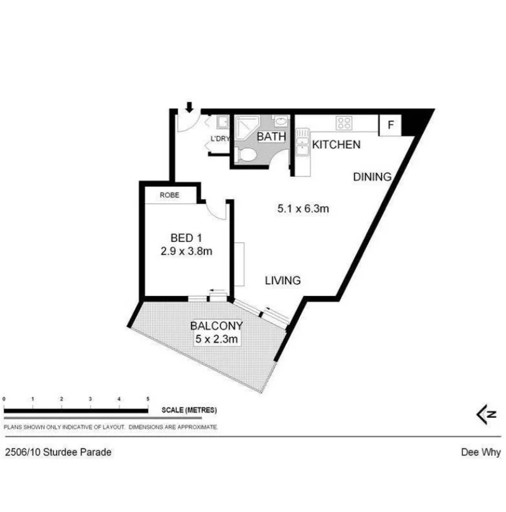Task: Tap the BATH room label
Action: pos(271,136)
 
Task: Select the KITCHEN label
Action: pos(336,145)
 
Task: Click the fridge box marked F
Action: pos(391,125)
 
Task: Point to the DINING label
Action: pos(372,177)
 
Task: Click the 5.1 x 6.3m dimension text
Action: pos(303,209)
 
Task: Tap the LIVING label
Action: pos(282,281)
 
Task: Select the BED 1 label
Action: pos(186,238)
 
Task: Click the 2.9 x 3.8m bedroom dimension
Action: pos(186,252)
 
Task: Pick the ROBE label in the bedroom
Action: pos(169,195)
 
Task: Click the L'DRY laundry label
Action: pos(220,139)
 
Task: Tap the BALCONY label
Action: pos(216,326)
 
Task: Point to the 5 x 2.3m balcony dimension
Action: pos(216,339)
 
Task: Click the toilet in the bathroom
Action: pos(246,155)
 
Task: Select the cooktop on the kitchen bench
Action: pos(343,123)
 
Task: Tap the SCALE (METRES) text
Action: pos(189,410)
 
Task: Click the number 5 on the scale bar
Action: pos(148,398)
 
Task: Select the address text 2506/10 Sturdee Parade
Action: pos(58,452)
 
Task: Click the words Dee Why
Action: pos(480,453)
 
